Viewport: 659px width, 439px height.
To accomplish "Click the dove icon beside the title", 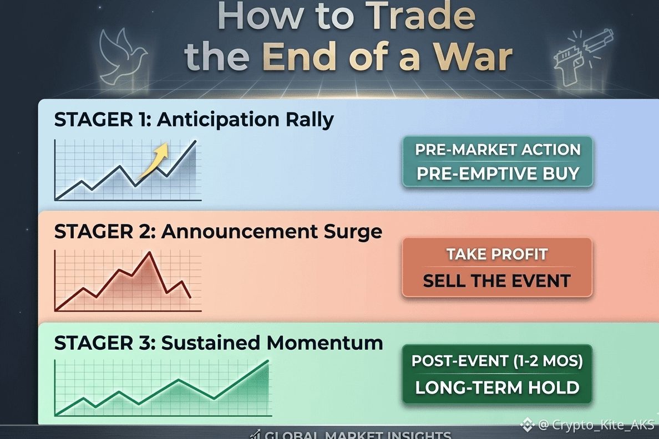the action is coord(122,56).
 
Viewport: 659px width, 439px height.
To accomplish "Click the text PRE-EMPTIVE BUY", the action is coord(498,173).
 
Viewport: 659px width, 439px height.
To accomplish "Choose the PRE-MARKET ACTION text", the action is coord(498,150).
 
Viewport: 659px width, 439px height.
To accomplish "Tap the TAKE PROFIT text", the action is coord(497,254).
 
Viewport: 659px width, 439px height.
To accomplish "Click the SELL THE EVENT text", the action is coord(497,280).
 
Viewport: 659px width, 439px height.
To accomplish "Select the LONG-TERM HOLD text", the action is coord(497,387).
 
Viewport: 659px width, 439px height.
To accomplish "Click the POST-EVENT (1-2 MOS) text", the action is coord(497,361).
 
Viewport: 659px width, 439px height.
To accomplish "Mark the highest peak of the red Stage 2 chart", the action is coord(149,252).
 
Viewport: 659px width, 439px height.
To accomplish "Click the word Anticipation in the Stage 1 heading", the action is coord(218,120).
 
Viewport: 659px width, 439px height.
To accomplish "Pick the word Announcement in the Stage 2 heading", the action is coord(240,232).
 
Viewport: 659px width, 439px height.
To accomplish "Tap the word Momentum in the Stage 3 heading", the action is coord(325,343).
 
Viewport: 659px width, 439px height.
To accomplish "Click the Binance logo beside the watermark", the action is coord(527,425).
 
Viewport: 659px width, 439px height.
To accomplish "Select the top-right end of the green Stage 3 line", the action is coord(268,360).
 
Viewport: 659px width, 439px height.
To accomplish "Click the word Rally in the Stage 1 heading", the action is coord(310,120).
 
